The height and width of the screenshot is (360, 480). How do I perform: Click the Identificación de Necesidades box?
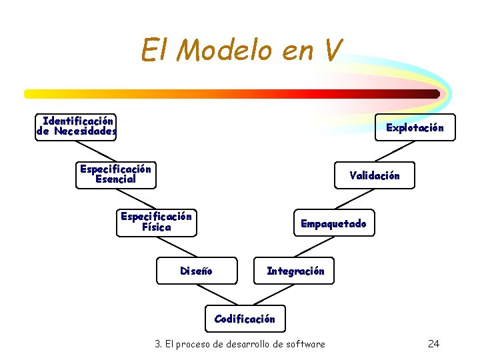pyautogui.click(x=76, y=126)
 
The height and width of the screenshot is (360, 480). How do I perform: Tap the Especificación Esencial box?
pyautogui.click(x=115, y=175)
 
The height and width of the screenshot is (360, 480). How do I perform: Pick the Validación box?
pyautogui.click(x=375, y=175)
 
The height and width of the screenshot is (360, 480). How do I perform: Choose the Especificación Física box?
pyautogui.click(x=156, y=222)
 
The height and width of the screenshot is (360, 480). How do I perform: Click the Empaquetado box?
pyautogui.click(x=333, y=223)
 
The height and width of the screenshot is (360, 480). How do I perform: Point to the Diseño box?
pyautogui.click(x=196, y=271)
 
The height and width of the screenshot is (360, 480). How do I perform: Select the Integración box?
pyautogui.click(x=295, y=271)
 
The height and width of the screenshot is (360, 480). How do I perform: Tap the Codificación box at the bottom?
pyautogui.click(x=245, y=319)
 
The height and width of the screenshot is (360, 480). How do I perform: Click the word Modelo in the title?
pyautogui.click(x=227, y=49)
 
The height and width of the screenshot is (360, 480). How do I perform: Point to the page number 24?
pyautogui.click(x=433, y=344)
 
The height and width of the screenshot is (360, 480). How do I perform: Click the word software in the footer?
pyautogui.click(x=305, y=344)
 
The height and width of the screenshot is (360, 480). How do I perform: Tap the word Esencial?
pyautogui.click(x=115, y=179)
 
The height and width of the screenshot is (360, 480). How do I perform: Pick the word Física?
pyautogui.click(x=156, y=227)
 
